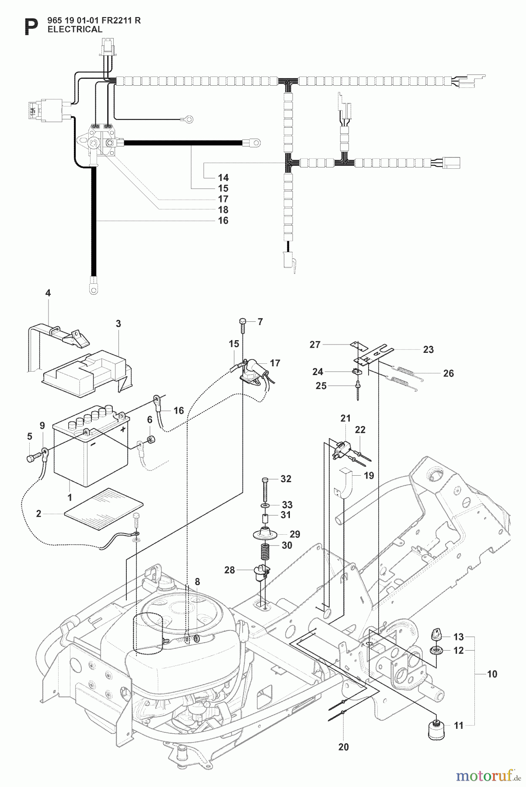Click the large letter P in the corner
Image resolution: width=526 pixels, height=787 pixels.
point(30,28)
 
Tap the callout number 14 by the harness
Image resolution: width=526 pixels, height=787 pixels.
point(223,178)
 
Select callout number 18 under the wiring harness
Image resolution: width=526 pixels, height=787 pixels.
point(223,210)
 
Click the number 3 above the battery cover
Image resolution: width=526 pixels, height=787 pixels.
point(118,324)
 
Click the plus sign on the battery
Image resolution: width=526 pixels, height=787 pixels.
point(123,429)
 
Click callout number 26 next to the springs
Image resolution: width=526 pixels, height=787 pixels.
point(448,373)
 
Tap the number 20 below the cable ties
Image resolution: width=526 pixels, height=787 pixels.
point(343,747)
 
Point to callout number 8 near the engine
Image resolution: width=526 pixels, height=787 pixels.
point(197,582)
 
